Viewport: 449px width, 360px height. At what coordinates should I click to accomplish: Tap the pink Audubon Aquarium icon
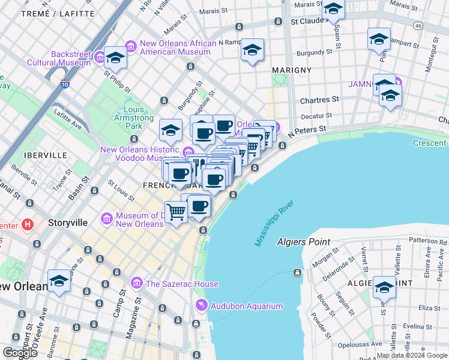(200, 306)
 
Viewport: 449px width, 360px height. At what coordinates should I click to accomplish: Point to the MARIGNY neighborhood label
(292, 70)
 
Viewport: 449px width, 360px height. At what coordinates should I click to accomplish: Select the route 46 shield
(418, 25)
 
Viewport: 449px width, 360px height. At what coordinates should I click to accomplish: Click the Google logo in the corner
(19, 353)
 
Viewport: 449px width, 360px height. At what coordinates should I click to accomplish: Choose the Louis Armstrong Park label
(133, 118)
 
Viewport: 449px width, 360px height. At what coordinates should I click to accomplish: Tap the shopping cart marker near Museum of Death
(176, 211)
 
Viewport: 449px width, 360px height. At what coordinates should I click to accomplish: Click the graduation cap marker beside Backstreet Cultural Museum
(115, 57)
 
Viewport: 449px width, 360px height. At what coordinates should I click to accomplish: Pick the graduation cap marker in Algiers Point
(384, 286)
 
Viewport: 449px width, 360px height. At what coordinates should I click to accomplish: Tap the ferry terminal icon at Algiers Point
(297, 273)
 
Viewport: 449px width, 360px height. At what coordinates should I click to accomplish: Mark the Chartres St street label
(319, 99)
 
